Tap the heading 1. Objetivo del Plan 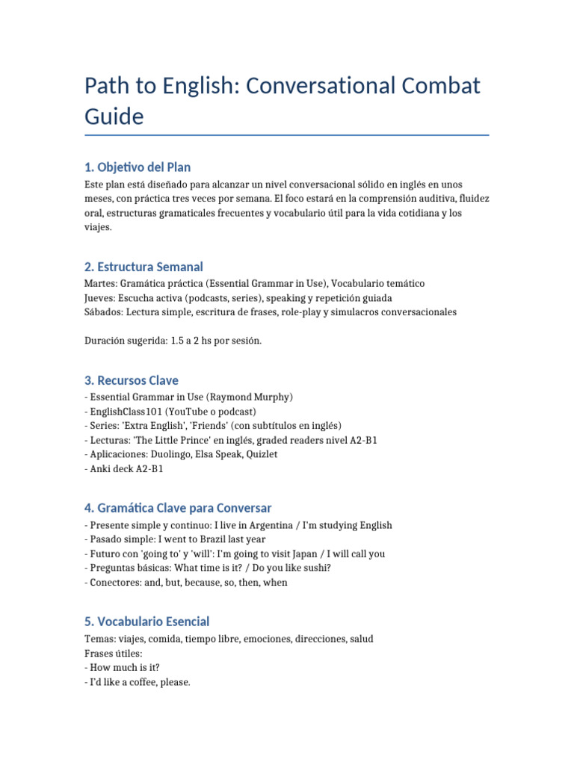point(138,167)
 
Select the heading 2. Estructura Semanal point(143,267)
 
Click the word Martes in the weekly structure point(100,284)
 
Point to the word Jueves point(100,298)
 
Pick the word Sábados point(103,312)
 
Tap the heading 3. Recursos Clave point(132,380)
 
